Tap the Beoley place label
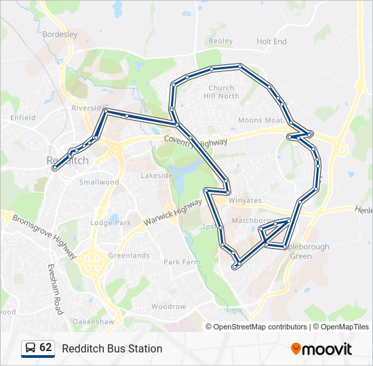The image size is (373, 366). (221, 41)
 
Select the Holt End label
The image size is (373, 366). (271, 41)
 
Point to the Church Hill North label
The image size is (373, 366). (223, 92)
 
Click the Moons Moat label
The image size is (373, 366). (260, 121)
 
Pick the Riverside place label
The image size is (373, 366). (86, 108)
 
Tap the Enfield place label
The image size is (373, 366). (22, 117)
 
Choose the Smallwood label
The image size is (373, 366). (99, 182)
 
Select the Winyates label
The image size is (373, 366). (245, 201)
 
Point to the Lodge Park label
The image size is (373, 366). (111, 222)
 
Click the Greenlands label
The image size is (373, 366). (129, 256)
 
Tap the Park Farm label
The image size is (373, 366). (182, 262)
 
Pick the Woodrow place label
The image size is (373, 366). (168, 306)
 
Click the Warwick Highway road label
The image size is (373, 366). (173, 213)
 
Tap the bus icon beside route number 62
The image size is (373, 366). (31, 348)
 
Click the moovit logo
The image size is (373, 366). (321, 348)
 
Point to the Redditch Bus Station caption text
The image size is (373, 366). (112, 348)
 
